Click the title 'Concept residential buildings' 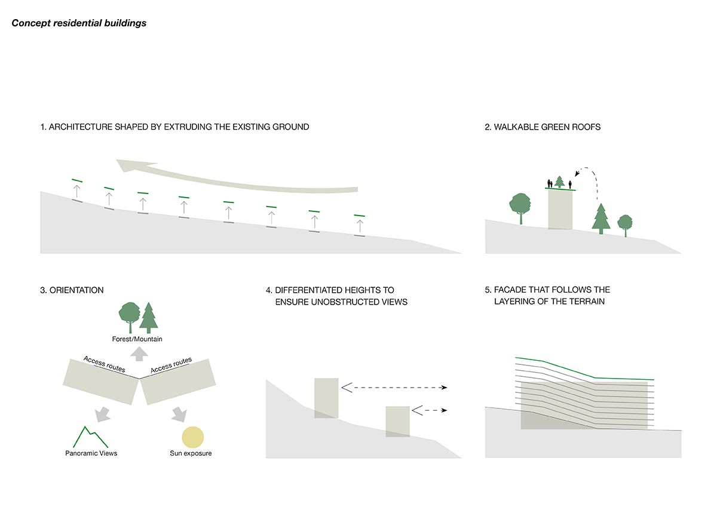79,23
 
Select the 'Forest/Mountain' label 137,339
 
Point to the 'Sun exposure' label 191,453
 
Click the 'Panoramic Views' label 91,453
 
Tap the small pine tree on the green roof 560,182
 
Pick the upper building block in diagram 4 326,398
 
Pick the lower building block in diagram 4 397,421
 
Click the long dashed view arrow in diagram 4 394,388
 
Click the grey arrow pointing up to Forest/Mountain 139,353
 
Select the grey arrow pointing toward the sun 178,414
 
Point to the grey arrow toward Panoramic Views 101,414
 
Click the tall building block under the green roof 560,209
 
